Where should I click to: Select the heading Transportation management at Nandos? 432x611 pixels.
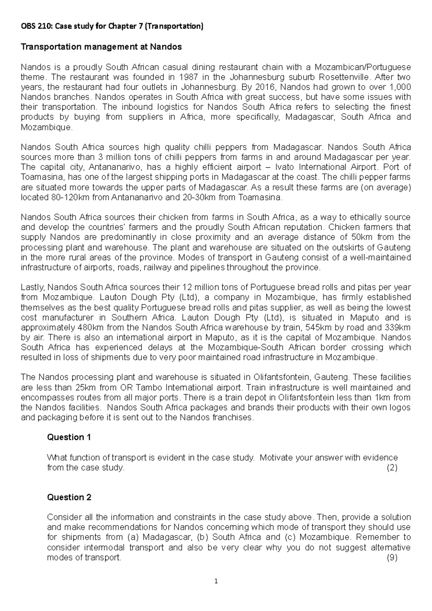coord(101,47)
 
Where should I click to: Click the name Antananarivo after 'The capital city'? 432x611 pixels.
coord(115,167)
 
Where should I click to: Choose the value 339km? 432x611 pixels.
coord(397,327)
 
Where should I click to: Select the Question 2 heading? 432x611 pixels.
coord(69,497)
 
